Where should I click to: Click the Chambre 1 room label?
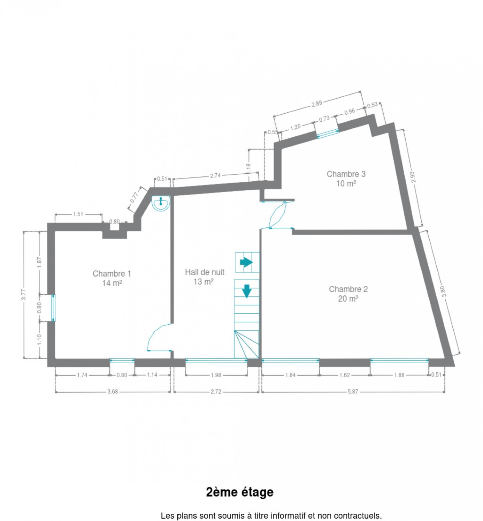(x=112, y=278)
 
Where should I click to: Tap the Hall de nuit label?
(x=204, y=277)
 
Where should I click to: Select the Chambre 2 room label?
(x=348, y=294)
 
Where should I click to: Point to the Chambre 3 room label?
(x=346, y=179)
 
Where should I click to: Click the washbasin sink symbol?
(x=161, y=203)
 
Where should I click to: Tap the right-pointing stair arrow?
(x=246, y=262)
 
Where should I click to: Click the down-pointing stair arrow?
(x=246, y=291)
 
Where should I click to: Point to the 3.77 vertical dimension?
(x=24, y=294)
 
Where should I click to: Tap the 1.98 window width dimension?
(x=216, y=375)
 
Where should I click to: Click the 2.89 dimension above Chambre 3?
(x=317, y=104)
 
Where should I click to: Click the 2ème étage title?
(x=240, y=492)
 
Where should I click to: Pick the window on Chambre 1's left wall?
(x=53, y=308)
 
